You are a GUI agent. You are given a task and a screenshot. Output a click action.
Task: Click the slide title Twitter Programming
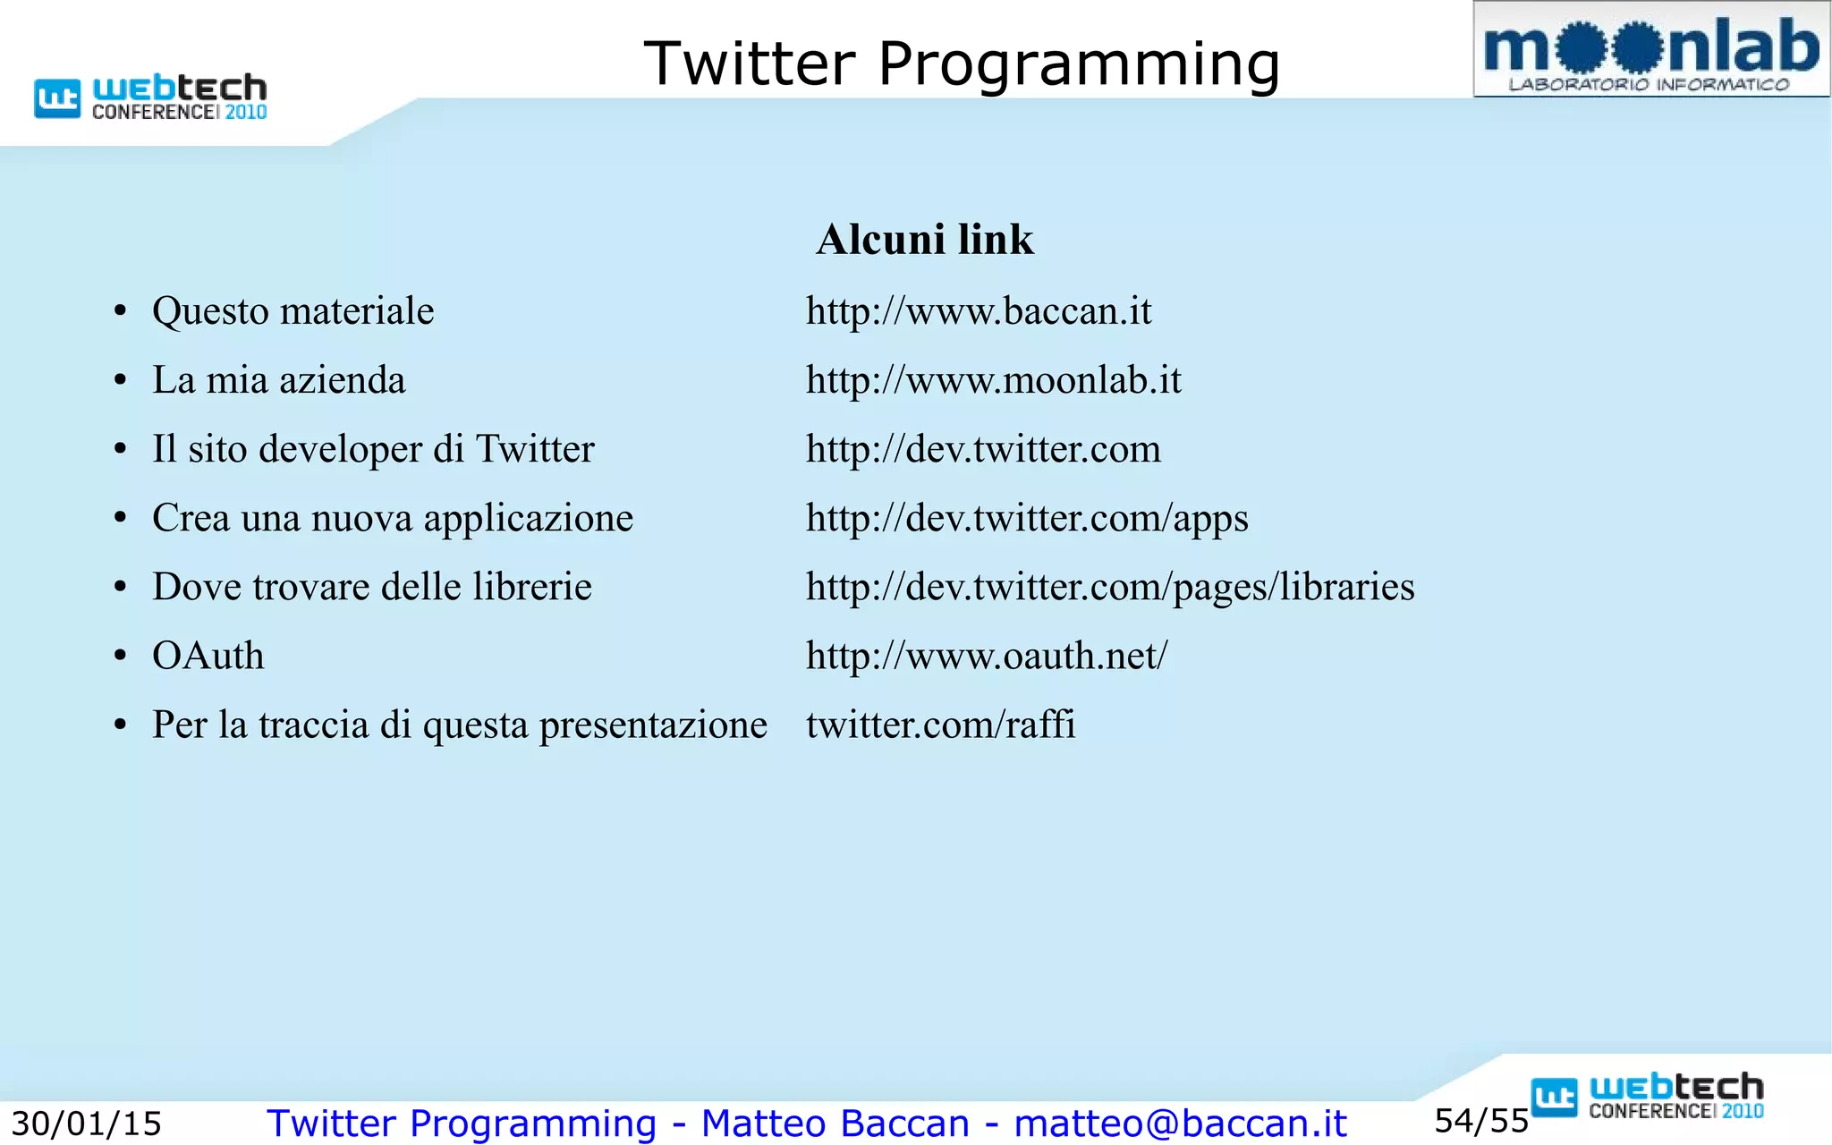[962, 64]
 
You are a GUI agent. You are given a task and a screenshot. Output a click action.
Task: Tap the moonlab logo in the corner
[1650, 50]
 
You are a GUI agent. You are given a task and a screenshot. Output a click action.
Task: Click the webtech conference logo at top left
[150, 97]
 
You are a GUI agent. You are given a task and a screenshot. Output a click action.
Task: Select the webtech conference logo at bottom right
[1647, 1097]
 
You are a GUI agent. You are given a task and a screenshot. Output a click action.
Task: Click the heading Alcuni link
[924, 240]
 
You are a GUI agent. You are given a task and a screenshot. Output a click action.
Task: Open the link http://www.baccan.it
[978, 311]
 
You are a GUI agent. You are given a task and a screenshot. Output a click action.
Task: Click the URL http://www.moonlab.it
[993, 380]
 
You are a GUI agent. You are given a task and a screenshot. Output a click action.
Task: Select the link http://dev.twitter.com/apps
[1026, 518]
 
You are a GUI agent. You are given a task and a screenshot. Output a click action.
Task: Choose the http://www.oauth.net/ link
[986, 656]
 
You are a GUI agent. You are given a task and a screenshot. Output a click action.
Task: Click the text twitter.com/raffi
[940, 725]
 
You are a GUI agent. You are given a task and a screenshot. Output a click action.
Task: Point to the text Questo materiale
[293, 311]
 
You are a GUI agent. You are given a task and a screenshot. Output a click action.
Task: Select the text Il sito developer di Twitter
[373, 449]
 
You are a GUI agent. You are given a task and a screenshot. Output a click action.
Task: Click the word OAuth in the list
[208, 656]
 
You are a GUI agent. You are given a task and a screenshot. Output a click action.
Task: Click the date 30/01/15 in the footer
[86, 1124]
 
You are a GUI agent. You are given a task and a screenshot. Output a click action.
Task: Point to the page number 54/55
[1481, 1121]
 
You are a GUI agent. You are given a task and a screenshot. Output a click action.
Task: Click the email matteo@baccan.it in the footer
[1180, 1124]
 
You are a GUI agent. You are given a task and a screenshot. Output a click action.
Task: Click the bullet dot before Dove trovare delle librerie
[121, 588]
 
